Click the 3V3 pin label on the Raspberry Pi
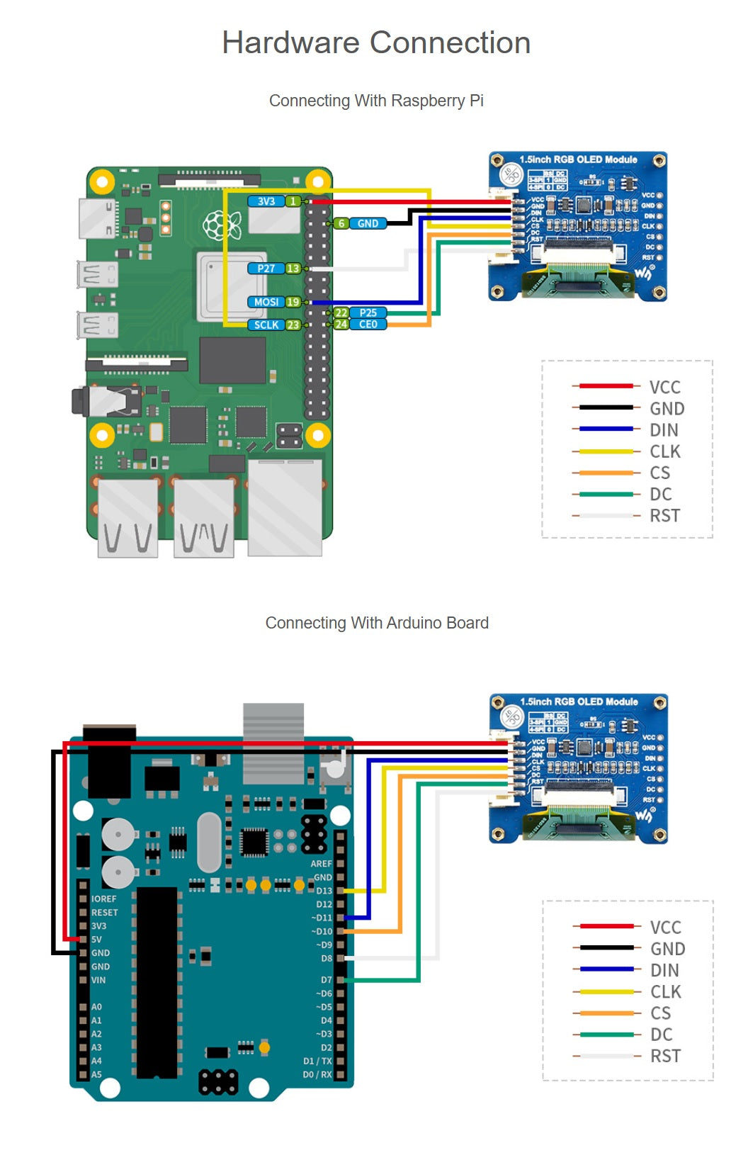point(266,201)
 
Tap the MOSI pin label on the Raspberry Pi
point(266,302)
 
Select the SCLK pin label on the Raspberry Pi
point(266,325)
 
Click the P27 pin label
point(266,269)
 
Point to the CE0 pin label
point(368,325)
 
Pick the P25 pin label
point(368,312)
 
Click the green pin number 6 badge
point(341,223)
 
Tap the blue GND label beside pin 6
point(368,223)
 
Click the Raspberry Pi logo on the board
point(217,225)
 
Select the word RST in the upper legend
point(664,516)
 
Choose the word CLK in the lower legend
point(665,991)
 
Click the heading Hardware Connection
point(376,43)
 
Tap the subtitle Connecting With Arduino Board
point(377,623)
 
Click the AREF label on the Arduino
point(321,864)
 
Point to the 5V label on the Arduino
point(96,940)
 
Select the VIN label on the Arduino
point(98,980)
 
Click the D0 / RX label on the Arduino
point(317,1074)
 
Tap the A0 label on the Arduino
point(96,1007)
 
